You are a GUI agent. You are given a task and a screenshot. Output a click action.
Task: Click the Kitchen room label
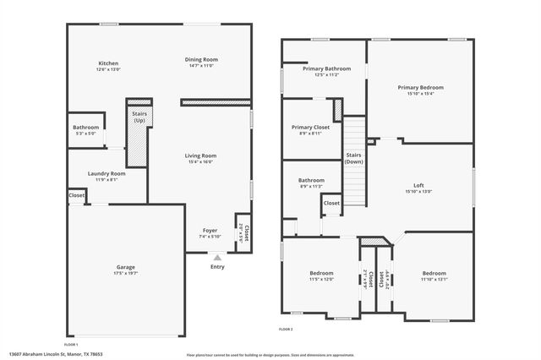pyautogui.click(x=108, y=63)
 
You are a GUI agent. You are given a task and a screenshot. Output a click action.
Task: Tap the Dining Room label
pyautogui.click(x=201, y=59)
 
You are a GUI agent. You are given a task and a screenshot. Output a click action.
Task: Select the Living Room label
pyautogui.click(x=201, y=155)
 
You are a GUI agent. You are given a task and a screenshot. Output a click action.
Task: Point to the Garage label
pyautogui.click(x=125, y=267)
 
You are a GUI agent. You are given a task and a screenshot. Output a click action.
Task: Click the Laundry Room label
pyautogui.click(x=107, y=173)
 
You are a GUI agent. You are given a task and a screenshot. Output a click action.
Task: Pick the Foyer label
pyautogui.click(x=210, y=231)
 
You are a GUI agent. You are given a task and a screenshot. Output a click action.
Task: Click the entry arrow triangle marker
pyautogui.click(x=217, y=257)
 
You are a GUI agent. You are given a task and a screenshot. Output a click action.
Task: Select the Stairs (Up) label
pyautogui.click(x=139, y=117)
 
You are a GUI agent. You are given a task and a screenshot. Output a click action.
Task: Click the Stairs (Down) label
pyautogui.click(x=354, y=157)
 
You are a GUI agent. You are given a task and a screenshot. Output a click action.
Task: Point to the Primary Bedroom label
pyautogui.click(x=420, y=87)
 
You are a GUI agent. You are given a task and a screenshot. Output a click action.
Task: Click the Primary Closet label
pyautogui.click(x=310, y=127)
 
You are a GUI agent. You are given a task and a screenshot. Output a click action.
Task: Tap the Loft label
pyautogui.click(x=418, y=185)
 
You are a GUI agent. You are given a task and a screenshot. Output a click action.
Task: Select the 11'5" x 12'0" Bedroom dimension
pyautogui.click(x=321, y=279)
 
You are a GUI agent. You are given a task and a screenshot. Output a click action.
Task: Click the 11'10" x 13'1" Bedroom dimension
pyautogui.click(x=434, y=279)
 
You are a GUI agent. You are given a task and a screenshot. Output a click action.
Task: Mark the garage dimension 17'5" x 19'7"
pyautogui.click(x=125, y=273)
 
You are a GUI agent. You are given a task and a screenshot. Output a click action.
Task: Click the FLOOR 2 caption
pyautogui.click(x=286, y=329)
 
